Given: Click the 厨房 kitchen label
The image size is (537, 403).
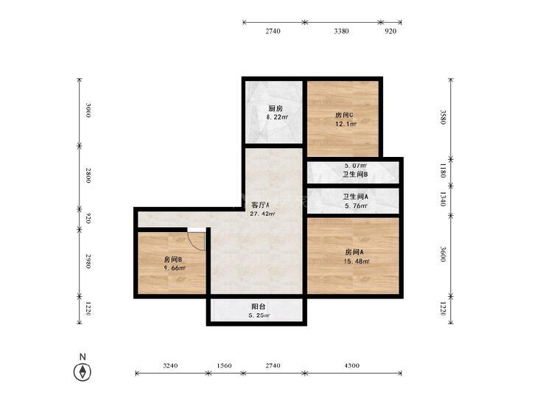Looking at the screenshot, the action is [275, 108].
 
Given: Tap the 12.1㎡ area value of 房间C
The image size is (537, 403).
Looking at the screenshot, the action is [346, 124].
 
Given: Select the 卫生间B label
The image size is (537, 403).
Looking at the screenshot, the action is [355, 175].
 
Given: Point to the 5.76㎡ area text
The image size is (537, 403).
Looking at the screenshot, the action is [356, 206].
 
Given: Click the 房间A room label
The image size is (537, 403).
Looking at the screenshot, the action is [354, 253].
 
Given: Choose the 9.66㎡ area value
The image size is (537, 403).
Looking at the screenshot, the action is [175, 268].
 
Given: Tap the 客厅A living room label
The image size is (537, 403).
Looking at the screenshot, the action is [260, 205].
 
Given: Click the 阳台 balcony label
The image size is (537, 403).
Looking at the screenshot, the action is [259, 306].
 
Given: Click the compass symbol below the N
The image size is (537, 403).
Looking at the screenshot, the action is [83, 372].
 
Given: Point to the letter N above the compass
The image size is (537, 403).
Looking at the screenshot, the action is [83, 357].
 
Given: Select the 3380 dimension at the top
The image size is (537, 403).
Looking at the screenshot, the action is [342, 31].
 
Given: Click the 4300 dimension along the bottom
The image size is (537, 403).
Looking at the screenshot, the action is [351, 365].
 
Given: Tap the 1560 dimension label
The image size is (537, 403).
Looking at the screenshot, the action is [225, 365].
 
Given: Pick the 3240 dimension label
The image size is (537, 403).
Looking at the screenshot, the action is [170, 365].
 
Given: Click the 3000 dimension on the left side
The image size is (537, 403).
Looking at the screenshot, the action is [88, 111].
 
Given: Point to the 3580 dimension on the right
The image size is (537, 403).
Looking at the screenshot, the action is [443, 117].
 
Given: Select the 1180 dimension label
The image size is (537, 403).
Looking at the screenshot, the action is [443, 170].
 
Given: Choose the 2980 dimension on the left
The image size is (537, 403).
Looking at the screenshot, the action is [88, 262].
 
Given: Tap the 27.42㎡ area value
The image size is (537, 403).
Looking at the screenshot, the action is [263, 214].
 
